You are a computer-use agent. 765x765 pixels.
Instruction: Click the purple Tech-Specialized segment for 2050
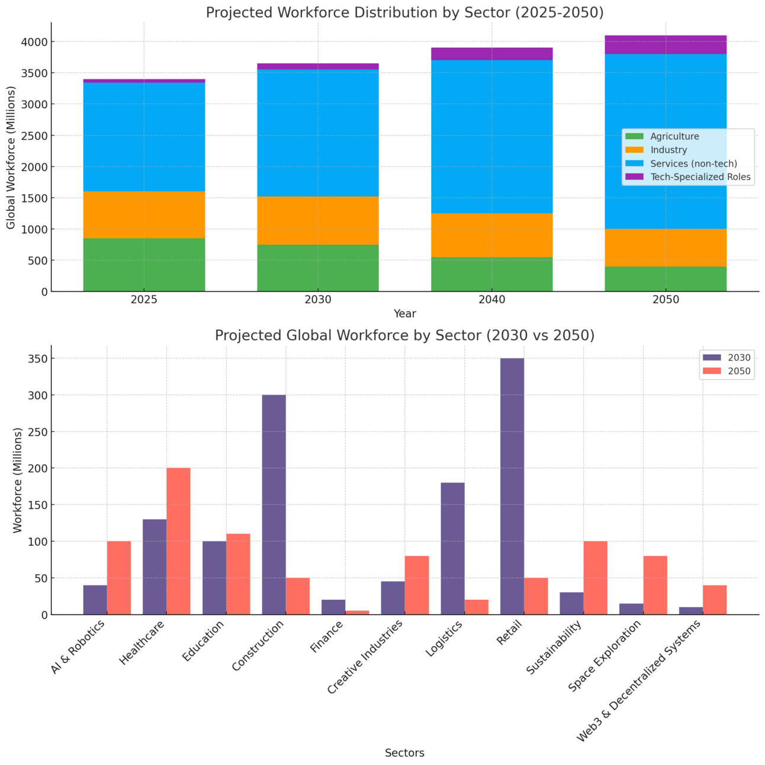coord(666,45)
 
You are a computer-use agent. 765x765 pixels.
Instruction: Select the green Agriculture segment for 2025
coord(144,265)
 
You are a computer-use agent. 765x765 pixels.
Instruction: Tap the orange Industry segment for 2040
coord(491,235)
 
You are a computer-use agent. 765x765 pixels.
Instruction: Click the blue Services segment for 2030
coord(318,133)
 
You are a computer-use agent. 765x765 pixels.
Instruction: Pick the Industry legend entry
coord(668,150)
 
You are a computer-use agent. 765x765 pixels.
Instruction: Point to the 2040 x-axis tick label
coord(491,300)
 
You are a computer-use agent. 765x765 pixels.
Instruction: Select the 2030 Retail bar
coord(512,486)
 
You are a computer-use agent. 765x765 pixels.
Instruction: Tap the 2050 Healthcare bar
coord(178,541)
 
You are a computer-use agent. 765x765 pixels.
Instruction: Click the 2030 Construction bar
coord(274,504)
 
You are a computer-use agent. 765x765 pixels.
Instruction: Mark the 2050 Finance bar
coord(357,612)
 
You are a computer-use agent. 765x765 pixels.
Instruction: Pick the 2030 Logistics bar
coord(452,548)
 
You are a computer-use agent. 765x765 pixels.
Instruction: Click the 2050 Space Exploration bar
coord(655,585)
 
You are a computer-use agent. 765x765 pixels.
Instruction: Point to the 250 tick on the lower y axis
coord(38,432)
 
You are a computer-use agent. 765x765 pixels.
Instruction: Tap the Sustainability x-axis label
coord(555,647)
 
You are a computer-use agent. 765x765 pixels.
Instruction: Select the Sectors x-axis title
coord(404,753)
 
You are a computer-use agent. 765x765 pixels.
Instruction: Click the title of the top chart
coord(404,12)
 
